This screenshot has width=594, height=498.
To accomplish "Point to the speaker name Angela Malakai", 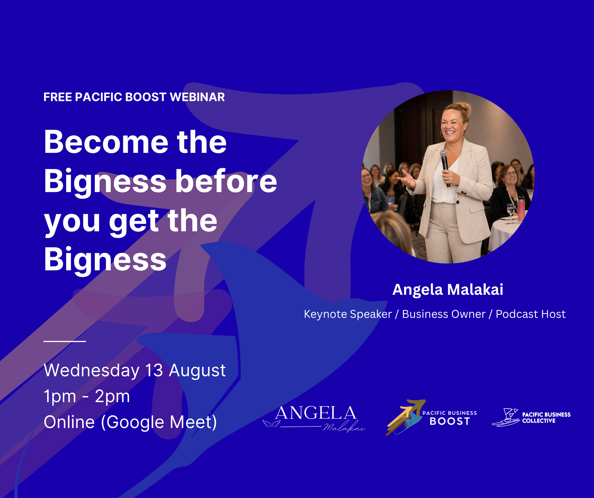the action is coord(448,289).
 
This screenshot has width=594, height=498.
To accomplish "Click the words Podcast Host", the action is coord(531,314).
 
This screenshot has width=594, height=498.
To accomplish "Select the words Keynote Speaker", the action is coord(348,314).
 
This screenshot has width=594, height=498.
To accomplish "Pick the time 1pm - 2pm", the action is coord(86,396).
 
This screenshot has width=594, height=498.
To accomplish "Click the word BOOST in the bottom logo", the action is coord(450,421).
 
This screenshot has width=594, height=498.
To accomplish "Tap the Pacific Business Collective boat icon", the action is coord(506,417).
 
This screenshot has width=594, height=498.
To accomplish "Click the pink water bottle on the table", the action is coord(521,208).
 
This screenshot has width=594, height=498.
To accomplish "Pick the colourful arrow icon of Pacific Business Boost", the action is coord(405,417).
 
